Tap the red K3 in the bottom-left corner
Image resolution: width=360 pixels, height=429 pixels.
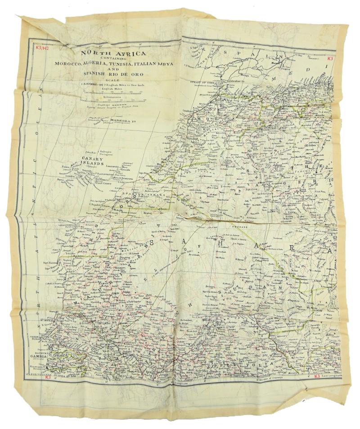pos(48,377)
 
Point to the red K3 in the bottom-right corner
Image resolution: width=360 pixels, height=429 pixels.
pos(317,375)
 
